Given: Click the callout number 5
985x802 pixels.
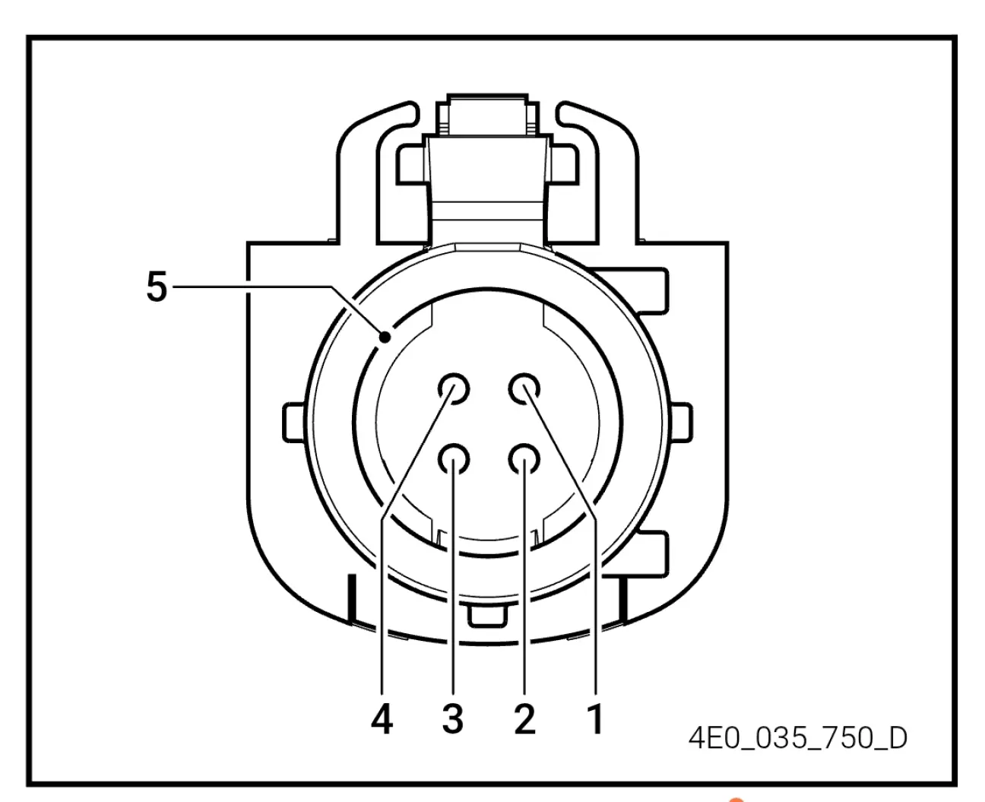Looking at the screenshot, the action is click(x=157, y=287).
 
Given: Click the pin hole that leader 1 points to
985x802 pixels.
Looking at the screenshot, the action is click(x=524, y=389).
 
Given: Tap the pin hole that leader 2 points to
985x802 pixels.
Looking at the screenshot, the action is click(x=524, y=460).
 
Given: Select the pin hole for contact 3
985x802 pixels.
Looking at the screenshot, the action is click(x=454, y=460).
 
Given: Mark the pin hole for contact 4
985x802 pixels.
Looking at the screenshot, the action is click(x=454, y=389).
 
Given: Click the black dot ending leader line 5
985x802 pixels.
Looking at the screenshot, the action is click(x=385, y=338).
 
